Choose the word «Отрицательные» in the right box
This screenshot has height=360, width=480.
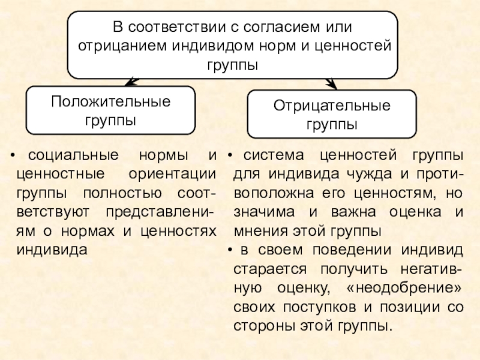pos(332,107)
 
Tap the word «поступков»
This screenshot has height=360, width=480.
pos(311,307)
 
